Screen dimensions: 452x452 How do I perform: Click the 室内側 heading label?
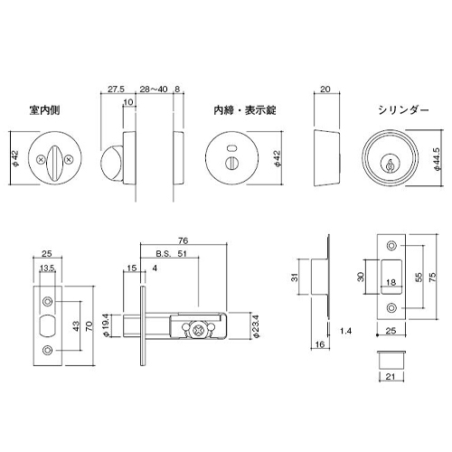click(x=44, y=110)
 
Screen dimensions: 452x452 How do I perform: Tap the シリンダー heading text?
click(x=403, y=110)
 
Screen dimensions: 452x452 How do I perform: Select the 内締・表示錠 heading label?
click(x=245, y=110)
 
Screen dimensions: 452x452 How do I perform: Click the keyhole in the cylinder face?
click(x=390, y=165)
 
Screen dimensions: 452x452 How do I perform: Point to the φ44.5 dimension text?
click(x=438, y=159)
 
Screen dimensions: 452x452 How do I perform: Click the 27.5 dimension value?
click(x=116, y=89)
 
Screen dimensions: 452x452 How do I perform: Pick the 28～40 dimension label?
click(x=154, y=89)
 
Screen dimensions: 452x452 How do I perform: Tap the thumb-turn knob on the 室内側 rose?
click(x=54, y=163)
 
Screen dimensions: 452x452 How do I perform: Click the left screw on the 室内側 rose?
click(x=41, y=160)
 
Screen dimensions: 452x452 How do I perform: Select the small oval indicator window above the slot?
click(x=231, y=148)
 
